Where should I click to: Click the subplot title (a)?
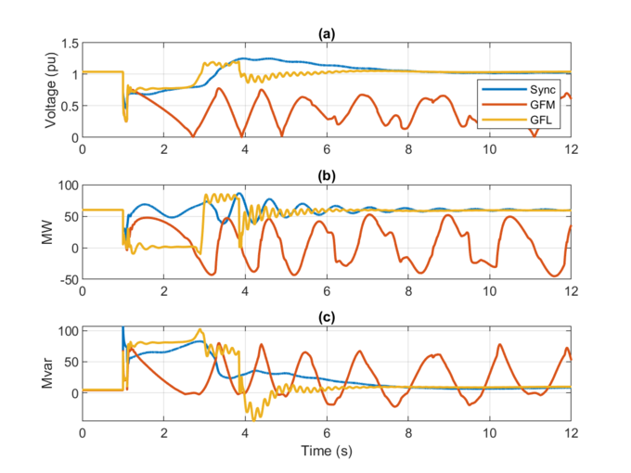point(327,33)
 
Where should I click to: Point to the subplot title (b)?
point(327,175)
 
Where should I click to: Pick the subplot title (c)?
point(327,317)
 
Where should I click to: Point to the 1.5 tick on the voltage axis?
point(67,44)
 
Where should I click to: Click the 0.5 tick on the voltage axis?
point(67,106)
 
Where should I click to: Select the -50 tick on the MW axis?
point(65,279)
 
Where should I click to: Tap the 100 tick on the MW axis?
point(65,185)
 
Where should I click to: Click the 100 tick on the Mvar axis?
point(65,330)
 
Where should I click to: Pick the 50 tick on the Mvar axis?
point(69,362)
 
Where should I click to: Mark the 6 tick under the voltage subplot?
point(327,149)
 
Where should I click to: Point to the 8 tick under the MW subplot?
point(408,291)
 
